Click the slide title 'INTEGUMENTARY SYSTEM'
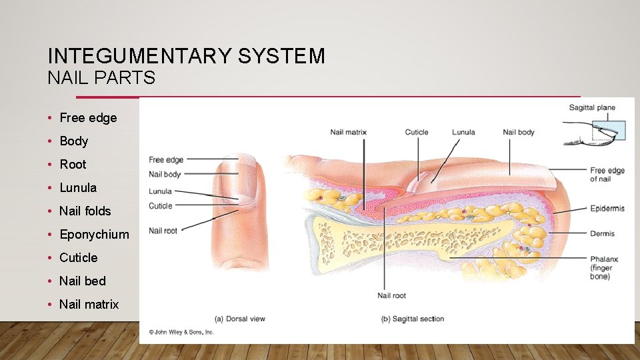click(x=187, y=55)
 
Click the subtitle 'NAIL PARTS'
click(x=101, y=78)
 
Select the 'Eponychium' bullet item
click(x=94, y=234)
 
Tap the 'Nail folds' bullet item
click(x=85, y=211)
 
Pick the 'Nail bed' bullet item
click(x=82, y=281)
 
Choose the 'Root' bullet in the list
click(x=73, y=164)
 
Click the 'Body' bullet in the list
click(x=73, y=141)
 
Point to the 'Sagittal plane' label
click(x=591, y=107)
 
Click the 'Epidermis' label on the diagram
click(x=607, y=209)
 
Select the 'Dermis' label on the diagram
click(x=602, y=233)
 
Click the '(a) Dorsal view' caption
click(x=239, y=319)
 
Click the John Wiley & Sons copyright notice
click(x=181, y=331)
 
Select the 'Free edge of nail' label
click(x=607, y=175)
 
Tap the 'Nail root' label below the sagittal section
click(x=391, y=295)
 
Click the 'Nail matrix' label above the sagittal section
click(x=348, y=132)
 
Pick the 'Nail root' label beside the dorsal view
click(x=163, y=231)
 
